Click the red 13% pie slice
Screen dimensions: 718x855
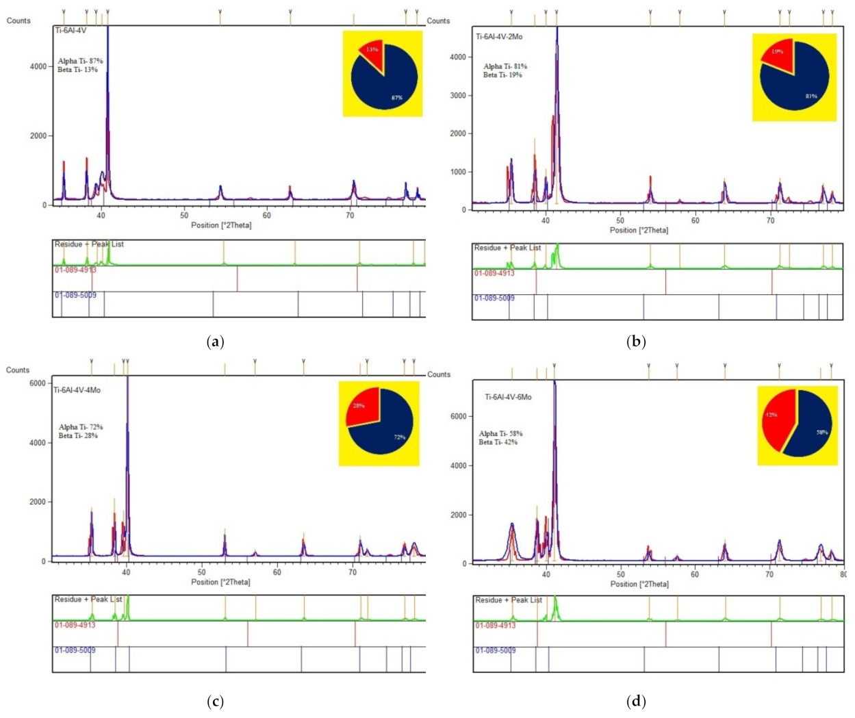[x=372, y=55]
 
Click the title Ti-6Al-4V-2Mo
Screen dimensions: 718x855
[x=499, y=36]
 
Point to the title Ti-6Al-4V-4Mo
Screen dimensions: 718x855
[x=77, y=390]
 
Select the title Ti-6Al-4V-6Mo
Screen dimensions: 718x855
[x=508, y=397]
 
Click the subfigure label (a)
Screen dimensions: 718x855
[x=215, y=342]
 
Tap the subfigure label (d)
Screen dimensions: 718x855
[x=636, y=701]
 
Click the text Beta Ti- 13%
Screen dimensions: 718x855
[x=77, y=70]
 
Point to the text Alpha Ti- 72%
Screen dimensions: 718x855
[x=81, y=427]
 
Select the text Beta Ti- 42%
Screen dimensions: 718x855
[x=498, y=442]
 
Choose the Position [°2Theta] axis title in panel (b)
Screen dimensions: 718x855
[x=639, y=230]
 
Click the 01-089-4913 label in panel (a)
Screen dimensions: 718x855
[x=75, y=270]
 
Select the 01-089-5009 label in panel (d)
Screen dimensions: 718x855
[x=496, y=650]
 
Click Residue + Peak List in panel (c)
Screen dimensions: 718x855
[x=88, y=599]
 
